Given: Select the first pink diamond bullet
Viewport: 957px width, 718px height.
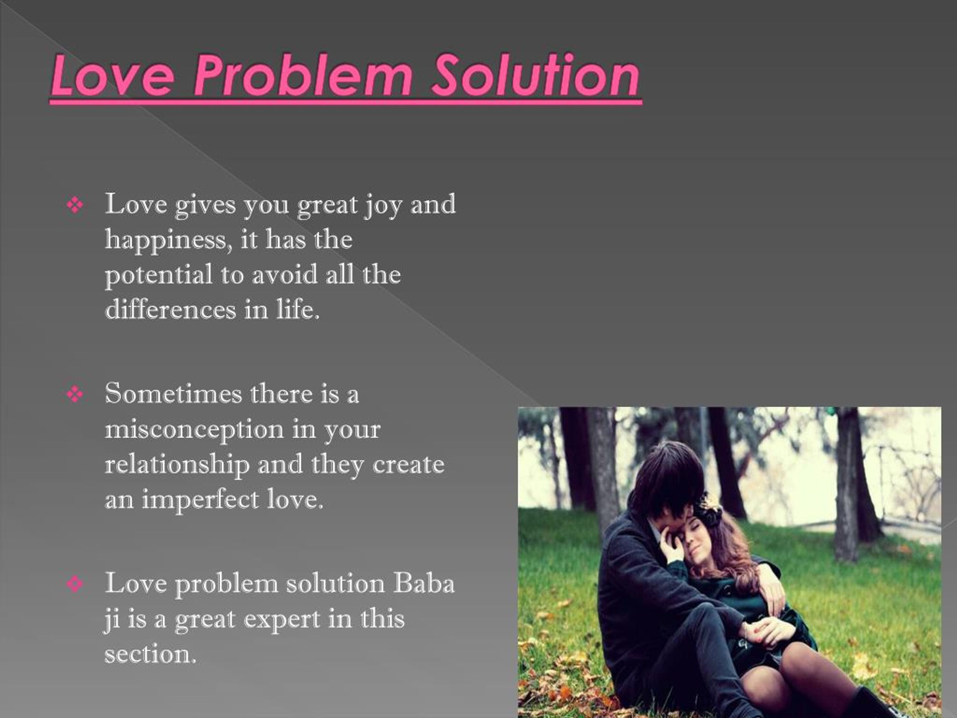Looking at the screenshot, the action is click(75, 205).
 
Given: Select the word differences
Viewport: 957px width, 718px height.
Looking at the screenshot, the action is click(171, 310).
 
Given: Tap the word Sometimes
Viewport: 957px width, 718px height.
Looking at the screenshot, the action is click(173, 394).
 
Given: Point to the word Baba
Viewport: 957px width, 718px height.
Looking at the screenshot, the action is click(424, 583).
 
